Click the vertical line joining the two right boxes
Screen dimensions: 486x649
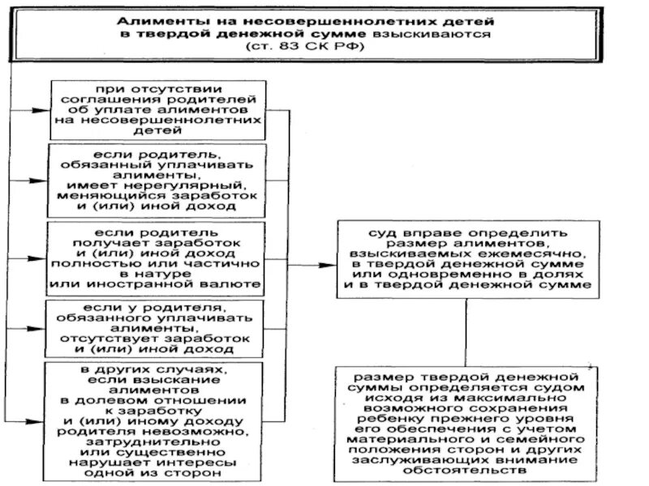[x=466, y=332]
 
